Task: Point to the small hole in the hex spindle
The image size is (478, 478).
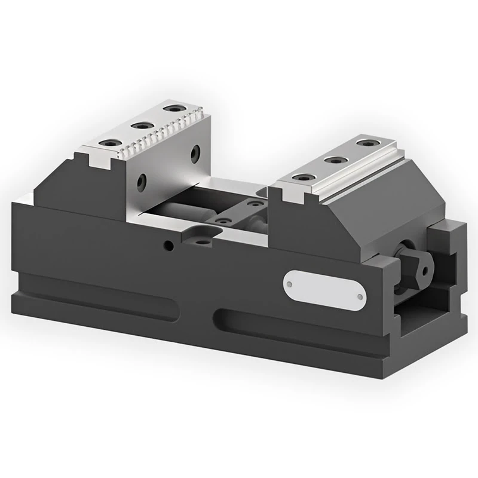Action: (425, 269)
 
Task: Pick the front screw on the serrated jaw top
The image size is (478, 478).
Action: (111, 143)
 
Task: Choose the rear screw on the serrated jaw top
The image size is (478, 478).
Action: (173, 109)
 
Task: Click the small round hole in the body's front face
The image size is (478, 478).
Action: (170, 245)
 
